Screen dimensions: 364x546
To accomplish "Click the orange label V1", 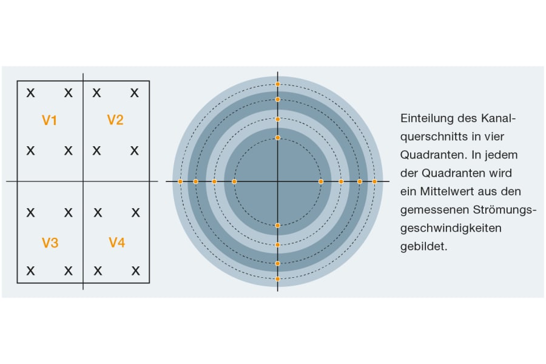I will pos(49,120).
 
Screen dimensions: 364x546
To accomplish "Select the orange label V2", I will pos(115,120).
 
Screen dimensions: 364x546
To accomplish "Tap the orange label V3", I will pos(50,243).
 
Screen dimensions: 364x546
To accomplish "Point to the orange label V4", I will pos(116,243).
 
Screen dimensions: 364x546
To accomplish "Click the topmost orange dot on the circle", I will pos(278,84).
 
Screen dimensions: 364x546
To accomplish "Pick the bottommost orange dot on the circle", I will pos(278,279).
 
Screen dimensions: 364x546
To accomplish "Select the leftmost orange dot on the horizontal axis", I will pos(180,181).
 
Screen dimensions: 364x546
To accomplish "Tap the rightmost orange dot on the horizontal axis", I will pos(374,181).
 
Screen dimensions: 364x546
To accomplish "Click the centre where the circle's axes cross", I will pos(278,181).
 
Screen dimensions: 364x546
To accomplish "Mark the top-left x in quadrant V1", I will pos(30,93).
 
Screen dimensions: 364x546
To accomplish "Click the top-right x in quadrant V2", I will pos(135,93).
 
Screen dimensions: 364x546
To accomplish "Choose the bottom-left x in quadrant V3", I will pos(30,271).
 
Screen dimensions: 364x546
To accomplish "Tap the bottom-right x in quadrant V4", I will pos(136,271).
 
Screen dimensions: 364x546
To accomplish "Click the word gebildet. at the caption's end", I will pos(423,247).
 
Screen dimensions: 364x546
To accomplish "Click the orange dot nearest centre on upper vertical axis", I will pos(278,138).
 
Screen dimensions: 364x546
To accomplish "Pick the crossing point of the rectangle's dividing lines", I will pos(83,181).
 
